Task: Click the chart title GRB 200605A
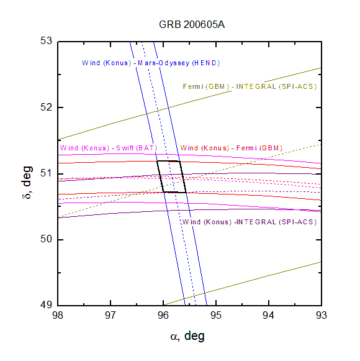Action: [x=192, y=25]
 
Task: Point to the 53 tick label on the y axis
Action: [x=46, y=41]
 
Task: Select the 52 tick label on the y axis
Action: [x=46, y=107]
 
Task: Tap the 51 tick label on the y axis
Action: [x=46, y=173]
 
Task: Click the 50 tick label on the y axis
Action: [x=46, y=239]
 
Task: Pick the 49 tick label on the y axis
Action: [x=46, y=305]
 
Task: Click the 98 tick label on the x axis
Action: [x=58, y=316]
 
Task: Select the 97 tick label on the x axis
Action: [x=110, y=316]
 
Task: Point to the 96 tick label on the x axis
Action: [x=163, y=316]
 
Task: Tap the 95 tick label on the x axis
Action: [x=216, y=316]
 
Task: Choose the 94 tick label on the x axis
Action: [x=269, y=316]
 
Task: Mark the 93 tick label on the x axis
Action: [x=322, y=316]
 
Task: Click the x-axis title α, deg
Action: [x=187, y=336]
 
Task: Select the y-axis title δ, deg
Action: [x=27, y=182]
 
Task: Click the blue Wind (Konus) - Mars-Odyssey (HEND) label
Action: [x=151, y=63]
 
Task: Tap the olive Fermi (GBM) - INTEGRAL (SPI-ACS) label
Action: [x=250, y=86]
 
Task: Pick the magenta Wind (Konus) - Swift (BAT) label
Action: [x=109, y=148]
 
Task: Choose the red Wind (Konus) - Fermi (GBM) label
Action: [x=231, y=148]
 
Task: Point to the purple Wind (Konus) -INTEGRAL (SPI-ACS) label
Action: [x=250, y=222]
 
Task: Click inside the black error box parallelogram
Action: [x=171, y=176]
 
